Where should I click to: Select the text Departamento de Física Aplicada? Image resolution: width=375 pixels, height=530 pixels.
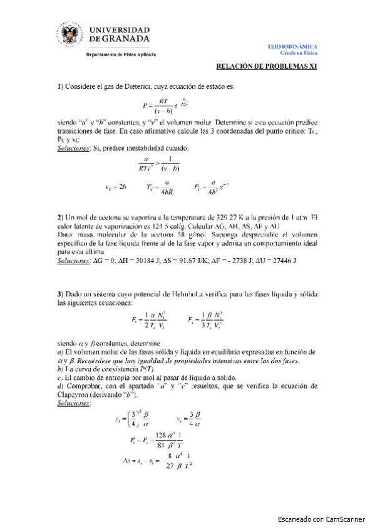pos(121,54)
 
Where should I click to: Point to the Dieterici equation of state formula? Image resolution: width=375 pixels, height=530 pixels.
pos(168,104)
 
